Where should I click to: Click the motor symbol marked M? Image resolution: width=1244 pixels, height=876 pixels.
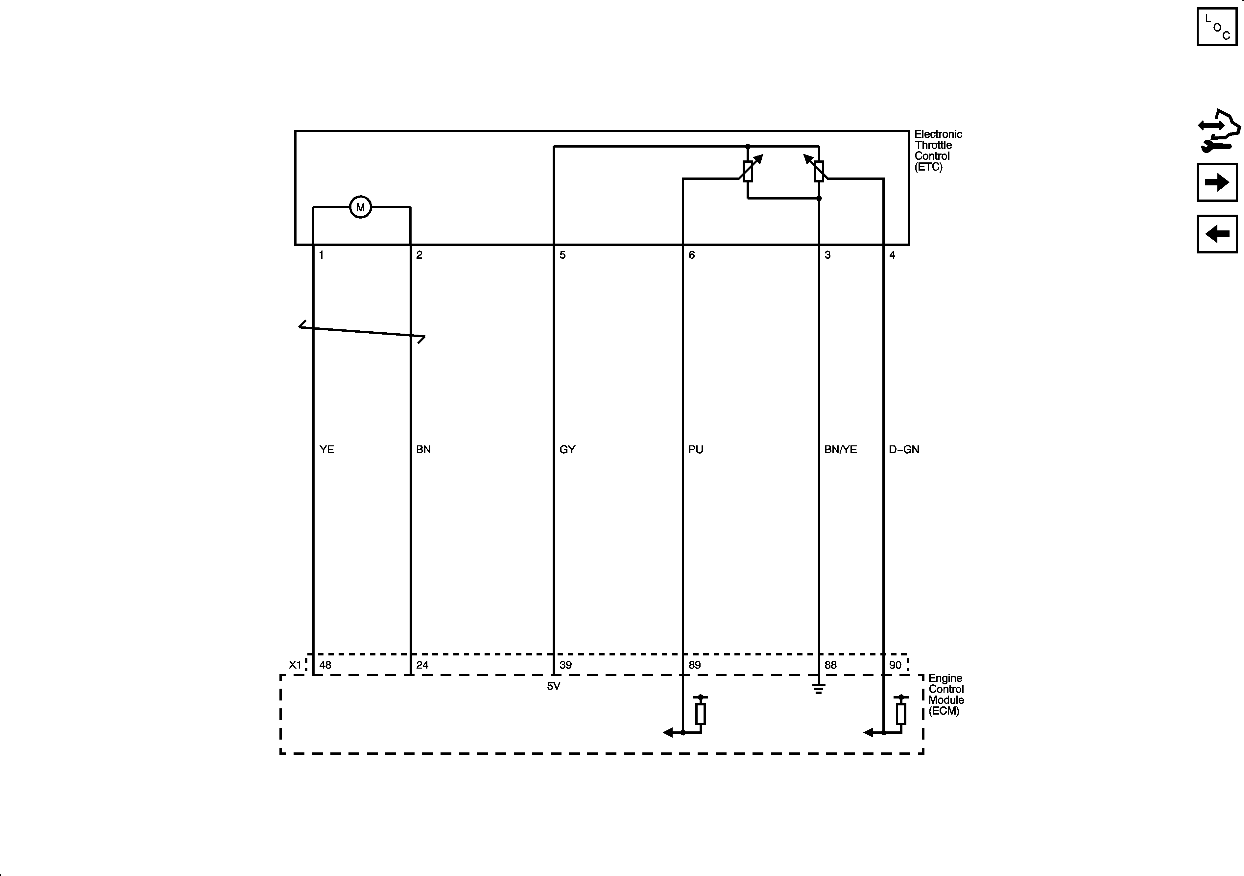coord(360,207)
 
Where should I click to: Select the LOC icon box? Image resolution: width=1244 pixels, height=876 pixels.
coord(1216,27)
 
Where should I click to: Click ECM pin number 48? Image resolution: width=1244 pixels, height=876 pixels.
coord(325,665)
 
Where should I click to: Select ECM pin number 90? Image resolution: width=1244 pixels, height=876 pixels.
coord(895,665)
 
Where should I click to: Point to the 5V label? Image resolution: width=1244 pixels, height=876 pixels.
coord(553,686)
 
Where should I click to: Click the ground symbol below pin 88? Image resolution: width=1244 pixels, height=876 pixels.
coord(819,689)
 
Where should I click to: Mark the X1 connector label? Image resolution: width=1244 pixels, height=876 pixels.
coord(295,665)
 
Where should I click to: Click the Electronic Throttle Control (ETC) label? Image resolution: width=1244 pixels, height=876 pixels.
coord(938,151)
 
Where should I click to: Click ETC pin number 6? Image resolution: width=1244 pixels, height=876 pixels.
coord(691,255)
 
